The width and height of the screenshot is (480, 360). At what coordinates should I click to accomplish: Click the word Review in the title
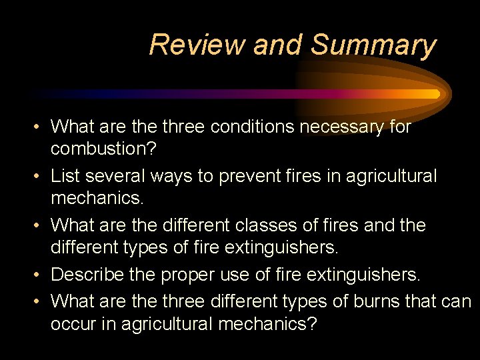click(197, 45)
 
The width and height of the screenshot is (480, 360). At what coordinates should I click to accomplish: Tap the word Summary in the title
click(373, 45)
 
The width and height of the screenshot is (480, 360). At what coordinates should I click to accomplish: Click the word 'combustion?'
click(103, 149)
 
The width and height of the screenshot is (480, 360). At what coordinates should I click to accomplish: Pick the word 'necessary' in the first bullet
click(343, 126)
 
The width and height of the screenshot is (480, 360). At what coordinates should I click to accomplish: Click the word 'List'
click(65, 176)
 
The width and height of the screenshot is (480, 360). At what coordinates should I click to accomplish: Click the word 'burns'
click(373, 301)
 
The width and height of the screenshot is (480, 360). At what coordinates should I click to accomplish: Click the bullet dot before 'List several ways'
click(40, 177)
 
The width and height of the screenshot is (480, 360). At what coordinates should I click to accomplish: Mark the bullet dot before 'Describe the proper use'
click(40, 275)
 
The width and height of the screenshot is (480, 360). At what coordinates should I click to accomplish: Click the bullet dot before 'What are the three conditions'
click(40, 127)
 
